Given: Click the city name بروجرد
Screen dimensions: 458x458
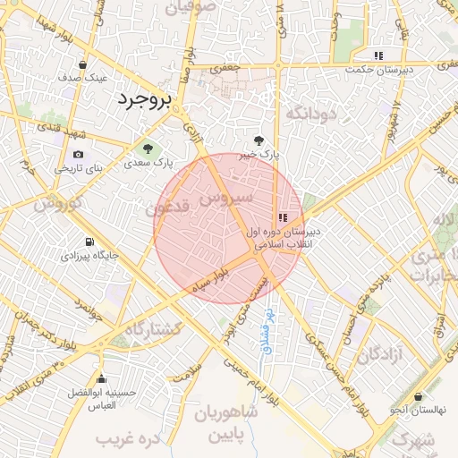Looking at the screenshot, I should click(142, 99).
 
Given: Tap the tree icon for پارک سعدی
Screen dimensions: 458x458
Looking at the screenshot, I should click(147, 148).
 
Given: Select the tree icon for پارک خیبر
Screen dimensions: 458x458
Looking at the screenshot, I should click(259, 140).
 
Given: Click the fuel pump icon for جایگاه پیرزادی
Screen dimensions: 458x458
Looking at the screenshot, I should click(89, 242).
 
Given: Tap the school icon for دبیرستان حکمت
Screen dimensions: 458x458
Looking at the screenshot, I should click(379, 55).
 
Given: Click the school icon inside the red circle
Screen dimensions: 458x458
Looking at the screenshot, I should click(283, 217).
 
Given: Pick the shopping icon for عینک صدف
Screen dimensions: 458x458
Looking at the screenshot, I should click(83, 64).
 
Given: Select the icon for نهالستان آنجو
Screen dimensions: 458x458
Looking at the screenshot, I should click(419, 396).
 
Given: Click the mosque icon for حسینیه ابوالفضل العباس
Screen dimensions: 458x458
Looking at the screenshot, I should click(101, 378).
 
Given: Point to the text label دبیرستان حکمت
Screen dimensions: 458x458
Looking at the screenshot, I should click(381, 69).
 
